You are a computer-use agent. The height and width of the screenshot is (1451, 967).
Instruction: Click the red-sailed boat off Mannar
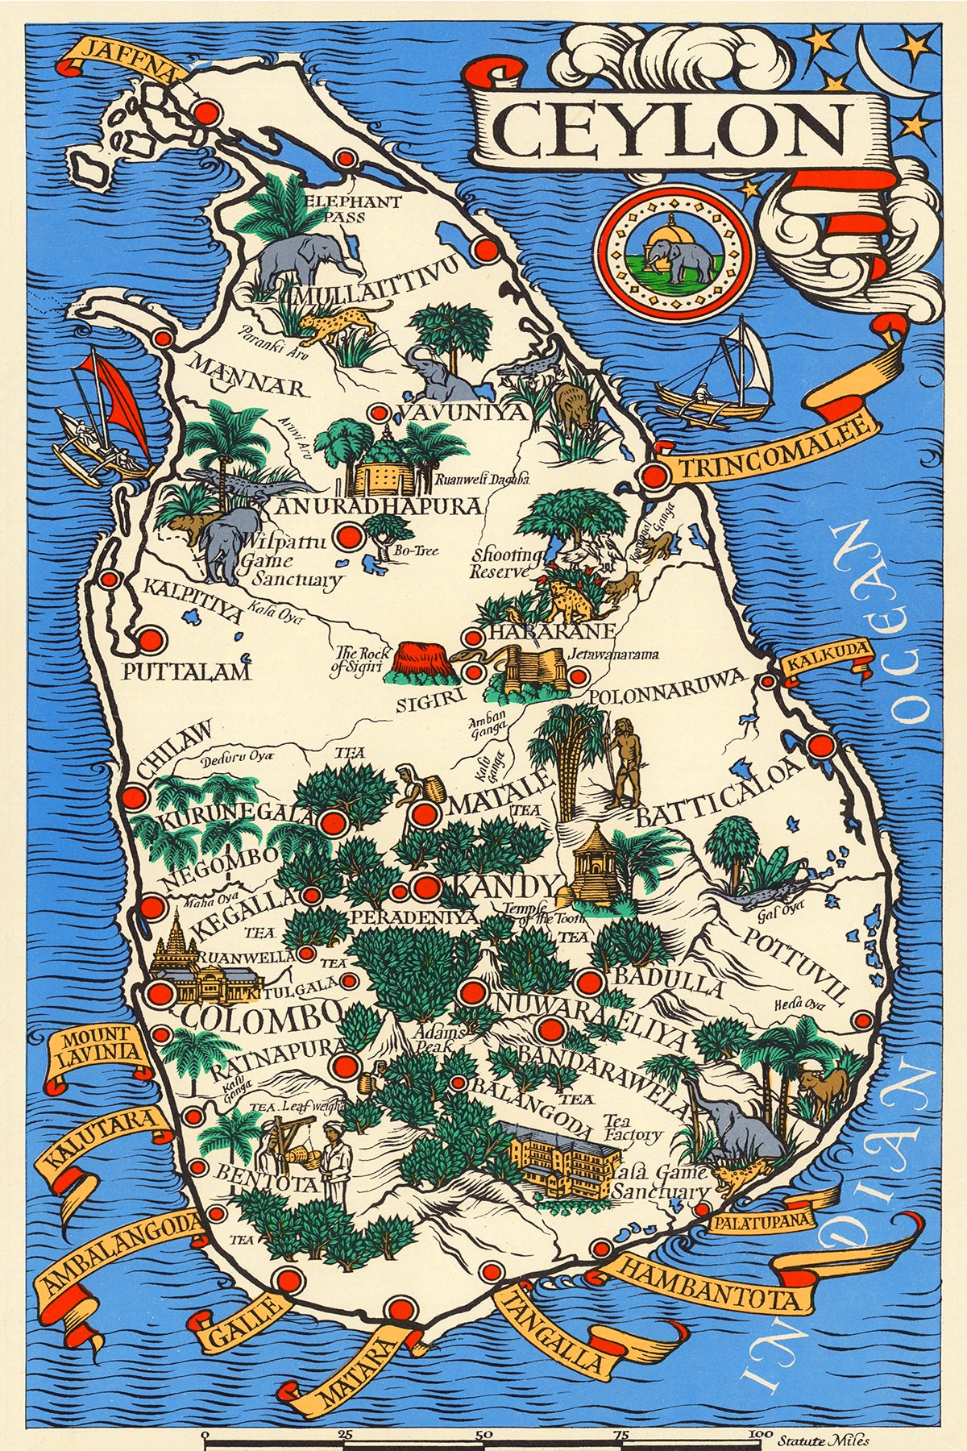pyautogui.click(x=105, y=423)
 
